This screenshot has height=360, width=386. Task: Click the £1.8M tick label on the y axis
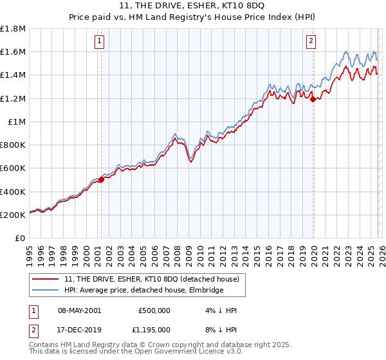tap(13, 29)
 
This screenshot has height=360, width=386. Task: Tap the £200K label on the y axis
tap(13, 215)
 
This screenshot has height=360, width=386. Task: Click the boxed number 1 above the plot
tap(100, 42)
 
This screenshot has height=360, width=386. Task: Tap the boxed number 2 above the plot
tap(311, 42)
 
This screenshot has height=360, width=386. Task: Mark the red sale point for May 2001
tap(101, 180)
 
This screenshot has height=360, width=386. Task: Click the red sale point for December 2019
tap(313, 99)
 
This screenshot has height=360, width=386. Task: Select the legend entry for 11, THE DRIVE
tap(152, 279)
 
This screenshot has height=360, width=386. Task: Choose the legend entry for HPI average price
tap(143, 291)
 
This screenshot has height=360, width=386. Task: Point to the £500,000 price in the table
tap(154, 310)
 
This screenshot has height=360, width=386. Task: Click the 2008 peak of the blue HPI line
tap(175, 134)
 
